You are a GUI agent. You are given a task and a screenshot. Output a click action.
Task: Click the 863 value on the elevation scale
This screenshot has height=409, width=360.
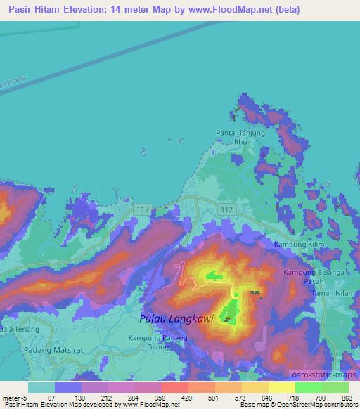click(347, 397)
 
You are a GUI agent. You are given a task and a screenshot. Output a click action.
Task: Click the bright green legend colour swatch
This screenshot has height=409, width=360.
click(308, 387)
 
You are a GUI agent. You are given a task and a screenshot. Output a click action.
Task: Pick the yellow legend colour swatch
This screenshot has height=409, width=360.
click(281, 387)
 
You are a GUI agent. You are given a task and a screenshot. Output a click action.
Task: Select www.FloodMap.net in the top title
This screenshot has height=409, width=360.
click(222, 10)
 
